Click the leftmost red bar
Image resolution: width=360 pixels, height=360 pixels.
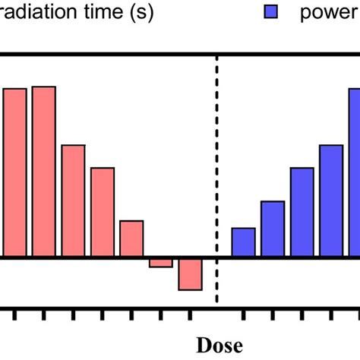14,172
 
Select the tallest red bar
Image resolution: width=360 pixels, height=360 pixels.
43,172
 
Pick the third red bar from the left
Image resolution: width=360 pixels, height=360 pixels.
73,201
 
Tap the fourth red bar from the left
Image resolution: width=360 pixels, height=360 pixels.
103,212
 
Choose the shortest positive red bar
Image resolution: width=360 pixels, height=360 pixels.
131,238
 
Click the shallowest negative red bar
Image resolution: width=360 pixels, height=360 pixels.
161,262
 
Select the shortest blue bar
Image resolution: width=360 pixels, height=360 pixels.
243,242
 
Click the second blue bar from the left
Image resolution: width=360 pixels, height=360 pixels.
273,229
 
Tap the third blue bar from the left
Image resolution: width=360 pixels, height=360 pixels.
302,212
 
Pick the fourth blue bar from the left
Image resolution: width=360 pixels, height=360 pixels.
331,201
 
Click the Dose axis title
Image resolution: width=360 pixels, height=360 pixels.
220,345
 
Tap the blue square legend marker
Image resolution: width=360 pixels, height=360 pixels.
271,13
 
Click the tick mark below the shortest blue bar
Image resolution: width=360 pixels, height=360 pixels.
243,314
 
